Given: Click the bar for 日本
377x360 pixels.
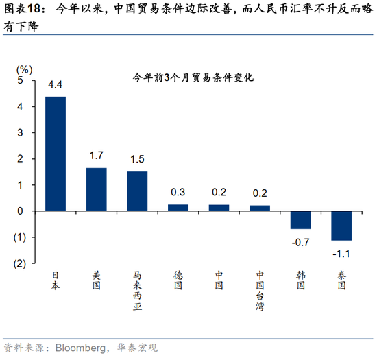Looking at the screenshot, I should coord(56,154).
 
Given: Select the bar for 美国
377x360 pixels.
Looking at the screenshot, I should coord(97,189).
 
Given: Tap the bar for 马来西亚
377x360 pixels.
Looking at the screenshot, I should coord(137,191).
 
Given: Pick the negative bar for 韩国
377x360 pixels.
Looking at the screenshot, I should coord(300,219).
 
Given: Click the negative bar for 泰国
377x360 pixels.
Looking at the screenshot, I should coord(341,225).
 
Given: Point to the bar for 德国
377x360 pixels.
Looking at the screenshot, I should coord(178,207).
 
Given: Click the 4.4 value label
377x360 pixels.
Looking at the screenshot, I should coord(56,85).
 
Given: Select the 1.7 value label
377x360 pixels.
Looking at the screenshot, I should coord(97,156).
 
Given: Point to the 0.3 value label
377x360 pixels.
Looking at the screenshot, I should coord(178,193).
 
